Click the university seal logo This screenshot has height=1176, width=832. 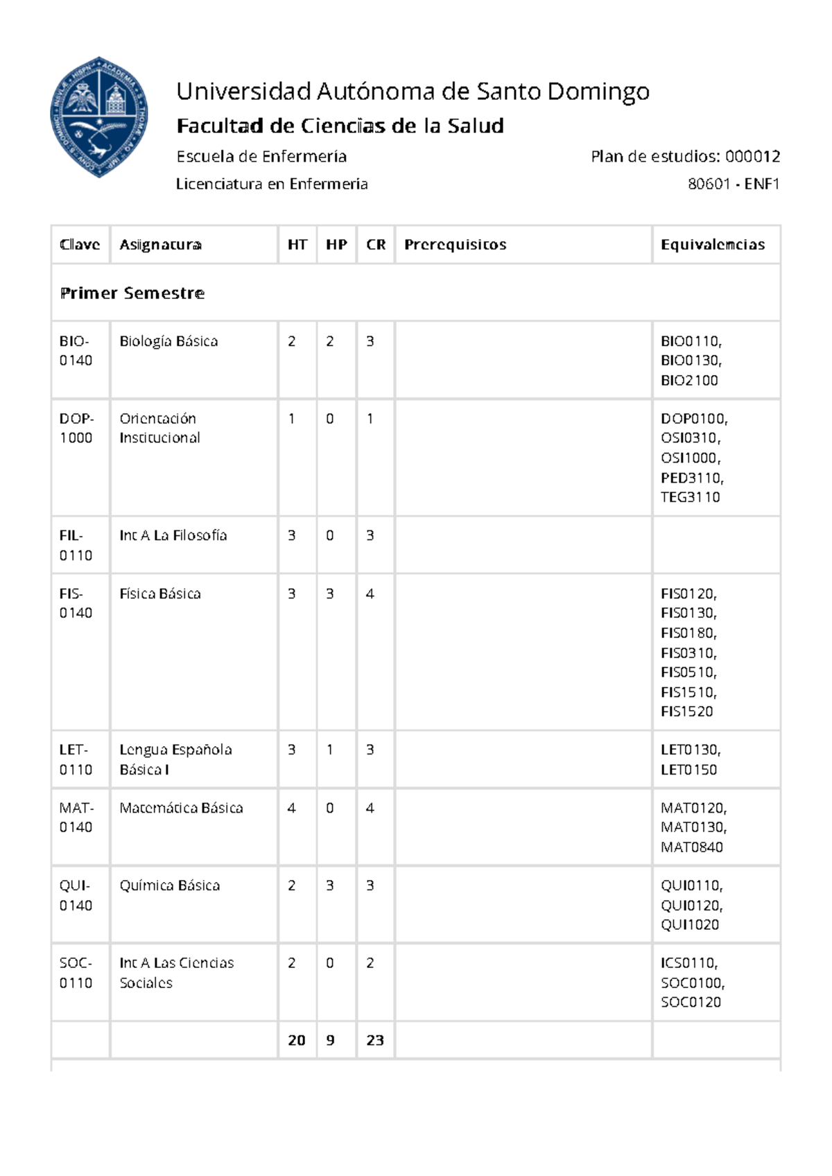pyautogui.click(x=99, y=116)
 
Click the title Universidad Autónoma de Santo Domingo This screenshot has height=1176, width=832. pyautogui.click(x=413, y=91)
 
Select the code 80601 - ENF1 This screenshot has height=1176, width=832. pyautogui.click(x=734, y=184)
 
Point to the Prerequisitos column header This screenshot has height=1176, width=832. pyautogui.click(x=455, y=245)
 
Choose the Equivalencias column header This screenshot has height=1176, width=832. pyautogui.click(x=712, y=245)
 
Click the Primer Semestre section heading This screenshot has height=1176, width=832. pyautogui.click(x=132, y=293)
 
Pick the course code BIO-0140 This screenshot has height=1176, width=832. pyautogui.click(x=75, y=351)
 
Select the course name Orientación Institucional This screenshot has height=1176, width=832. pyautogui.click(x=159, y=428)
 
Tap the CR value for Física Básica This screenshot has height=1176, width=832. pyautogui.click(x=370, y=594)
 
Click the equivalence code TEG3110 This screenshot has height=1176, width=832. pyautogui.click(x=690, y=497)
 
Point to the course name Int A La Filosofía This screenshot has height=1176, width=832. pyautogui.click(x=173, y=535)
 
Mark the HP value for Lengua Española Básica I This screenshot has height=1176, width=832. pyautogui.click(x=330, y=750)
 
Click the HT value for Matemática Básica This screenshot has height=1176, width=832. pyautogui.click(x=291, y=808)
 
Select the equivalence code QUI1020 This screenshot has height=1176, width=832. pyautogui.click(x=689, y=924)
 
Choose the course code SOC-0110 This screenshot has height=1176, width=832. pyautogui.click(x=76, y=973)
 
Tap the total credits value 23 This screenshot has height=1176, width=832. pyautogui.click(x=375, y=1040)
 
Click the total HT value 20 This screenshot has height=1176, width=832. pyautogui.click(x=297, y=1040)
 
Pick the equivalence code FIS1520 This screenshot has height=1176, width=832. pyautogui.click(x=686, y=711)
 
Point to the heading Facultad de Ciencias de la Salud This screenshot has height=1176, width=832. pyautogui.click(x=340, y=126)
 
